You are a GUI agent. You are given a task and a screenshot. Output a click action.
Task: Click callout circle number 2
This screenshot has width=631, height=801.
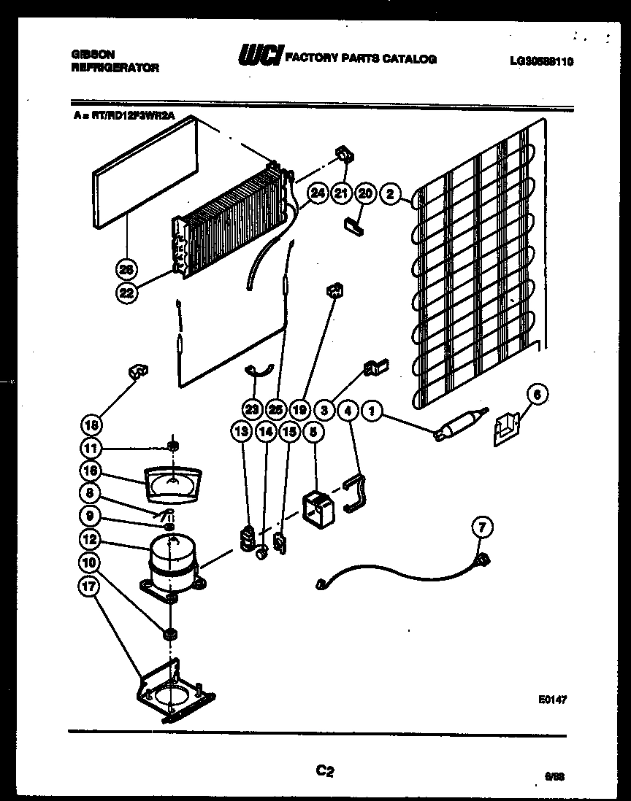[x=390, y=193]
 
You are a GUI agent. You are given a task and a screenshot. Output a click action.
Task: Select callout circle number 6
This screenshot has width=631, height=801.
[x=537, y=395]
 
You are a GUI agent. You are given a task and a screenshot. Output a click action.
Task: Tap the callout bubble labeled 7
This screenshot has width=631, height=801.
[x=483, y=526]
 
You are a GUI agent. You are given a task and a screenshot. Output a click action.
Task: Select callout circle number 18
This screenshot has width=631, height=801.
[x=92, y=425]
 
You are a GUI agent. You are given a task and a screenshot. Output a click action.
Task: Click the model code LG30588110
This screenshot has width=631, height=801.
[x=542, y=62]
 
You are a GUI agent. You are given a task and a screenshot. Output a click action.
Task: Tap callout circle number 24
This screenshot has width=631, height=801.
[x=317, y=193]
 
